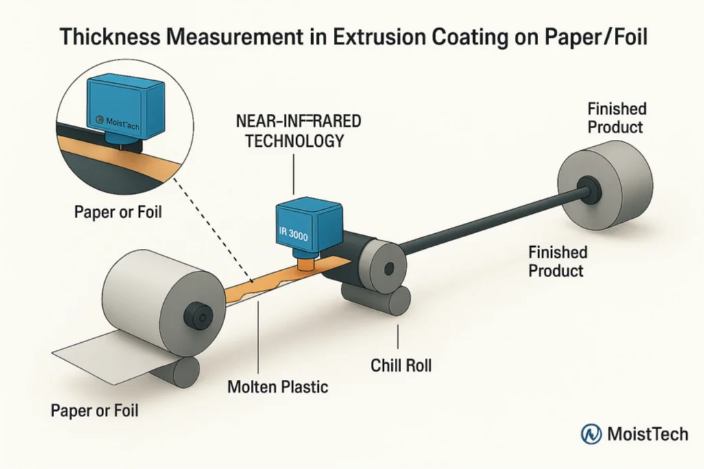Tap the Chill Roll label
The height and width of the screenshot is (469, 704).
[401, 365]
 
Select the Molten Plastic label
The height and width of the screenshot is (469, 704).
[277, 387]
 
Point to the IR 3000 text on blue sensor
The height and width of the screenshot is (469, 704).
[294, 232]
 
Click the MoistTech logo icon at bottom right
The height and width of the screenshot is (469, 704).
[592, 433]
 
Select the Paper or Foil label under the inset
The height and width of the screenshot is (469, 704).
[118, 212]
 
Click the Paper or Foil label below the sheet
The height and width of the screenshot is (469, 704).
[94, 411]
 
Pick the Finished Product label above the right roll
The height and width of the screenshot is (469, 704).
[616, 118]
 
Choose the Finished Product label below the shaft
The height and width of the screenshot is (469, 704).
[556, 261]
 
